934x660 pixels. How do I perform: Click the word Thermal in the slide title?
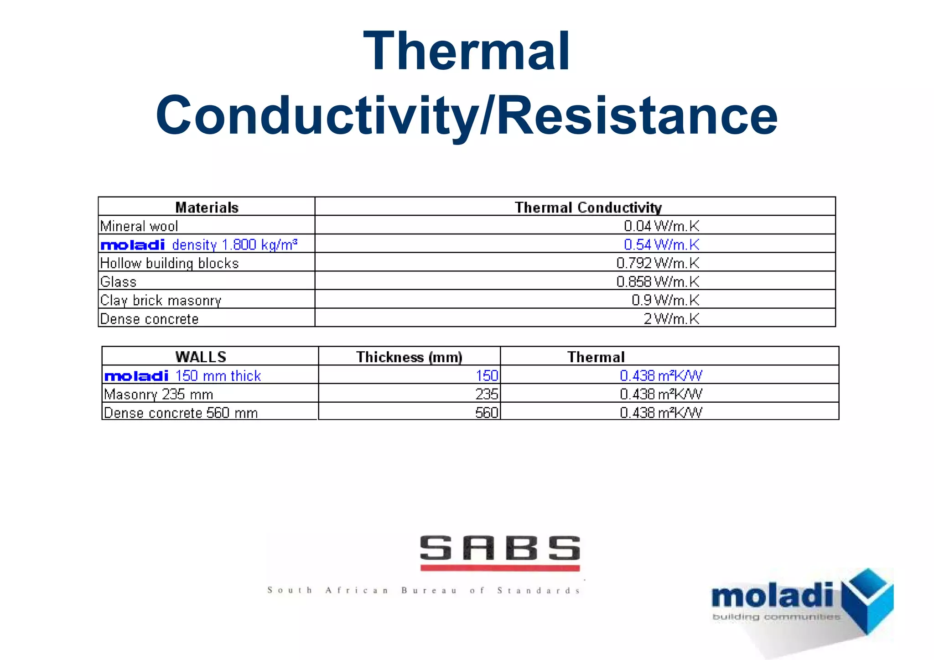[x=467, y=51]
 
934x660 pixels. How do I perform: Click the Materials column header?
[x=207, y=208]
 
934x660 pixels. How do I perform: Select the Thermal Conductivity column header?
[x=588, y=208]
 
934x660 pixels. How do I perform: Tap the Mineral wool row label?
[x=139, y=226]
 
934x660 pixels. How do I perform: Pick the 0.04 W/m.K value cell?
[x=661, y=226]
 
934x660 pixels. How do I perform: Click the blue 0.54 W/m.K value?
[x=661, y=245]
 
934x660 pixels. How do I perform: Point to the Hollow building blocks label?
[x=169, y=264]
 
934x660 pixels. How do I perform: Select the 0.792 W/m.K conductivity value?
[x=657, y=264]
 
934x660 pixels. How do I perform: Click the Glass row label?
[x=118, y=282]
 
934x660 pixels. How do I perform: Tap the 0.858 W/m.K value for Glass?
[x=657, y=282]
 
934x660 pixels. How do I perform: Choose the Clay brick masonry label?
[x=161, y=301]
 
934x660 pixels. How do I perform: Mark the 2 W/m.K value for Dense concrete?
[x=671, y=319]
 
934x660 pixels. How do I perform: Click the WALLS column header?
[x=201, y=357]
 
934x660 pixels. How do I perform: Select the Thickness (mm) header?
[x=409, y=357]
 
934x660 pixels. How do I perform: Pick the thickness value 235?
[x=487, y=394]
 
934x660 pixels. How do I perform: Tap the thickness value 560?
[x=487, y=413]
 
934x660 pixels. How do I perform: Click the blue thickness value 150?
[x=487, y=376]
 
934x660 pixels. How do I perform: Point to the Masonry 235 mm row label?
[x=158, y=394]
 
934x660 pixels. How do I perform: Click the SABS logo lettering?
[x=500, y=548]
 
